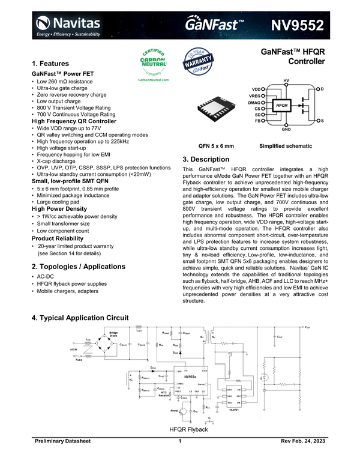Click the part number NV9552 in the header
point(298,25)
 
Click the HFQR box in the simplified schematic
point(281,106)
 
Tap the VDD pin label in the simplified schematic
point(255,89)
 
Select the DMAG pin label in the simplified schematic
point(254,102)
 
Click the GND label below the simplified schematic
point(286,129)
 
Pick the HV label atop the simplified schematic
point(286,80)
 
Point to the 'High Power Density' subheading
point(59,209)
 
